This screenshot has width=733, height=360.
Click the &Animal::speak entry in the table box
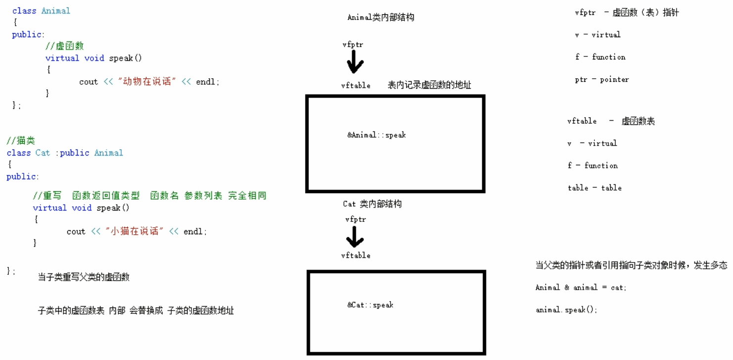click(376, 135)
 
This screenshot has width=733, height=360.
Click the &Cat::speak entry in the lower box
click(370, 305)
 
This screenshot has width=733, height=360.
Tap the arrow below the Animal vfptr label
click(355, 63)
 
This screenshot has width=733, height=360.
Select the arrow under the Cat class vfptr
click(355, 237)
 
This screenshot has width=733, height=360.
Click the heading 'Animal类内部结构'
click(381, 17)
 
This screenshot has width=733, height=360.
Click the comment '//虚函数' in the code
click(64, 46)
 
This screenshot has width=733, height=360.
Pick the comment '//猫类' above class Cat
click(21, 141)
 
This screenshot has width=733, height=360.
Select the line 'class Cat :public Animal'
click(65, 153)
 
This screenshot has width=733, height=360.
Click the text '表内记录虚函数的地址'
click(429, 85)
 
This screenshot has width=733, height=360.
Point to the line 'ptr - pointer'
click(601, 80)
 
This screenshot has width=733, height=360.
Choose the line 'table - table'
click(594, 188)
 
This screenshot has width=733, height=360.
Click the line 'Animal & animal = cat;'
click(581, 288)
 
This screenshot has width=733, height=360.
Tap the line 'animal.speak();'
click(566, 310)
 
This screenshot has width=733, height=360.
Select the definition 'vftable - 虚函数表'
click(611, 121)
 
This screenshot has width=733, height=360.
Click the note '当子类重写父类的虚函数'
click(84, 277)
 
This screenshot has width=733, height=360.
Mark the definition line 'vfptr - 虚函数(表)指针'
click(627, 13)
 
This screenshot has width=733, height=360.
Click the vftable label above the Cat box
click(355, 256)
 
